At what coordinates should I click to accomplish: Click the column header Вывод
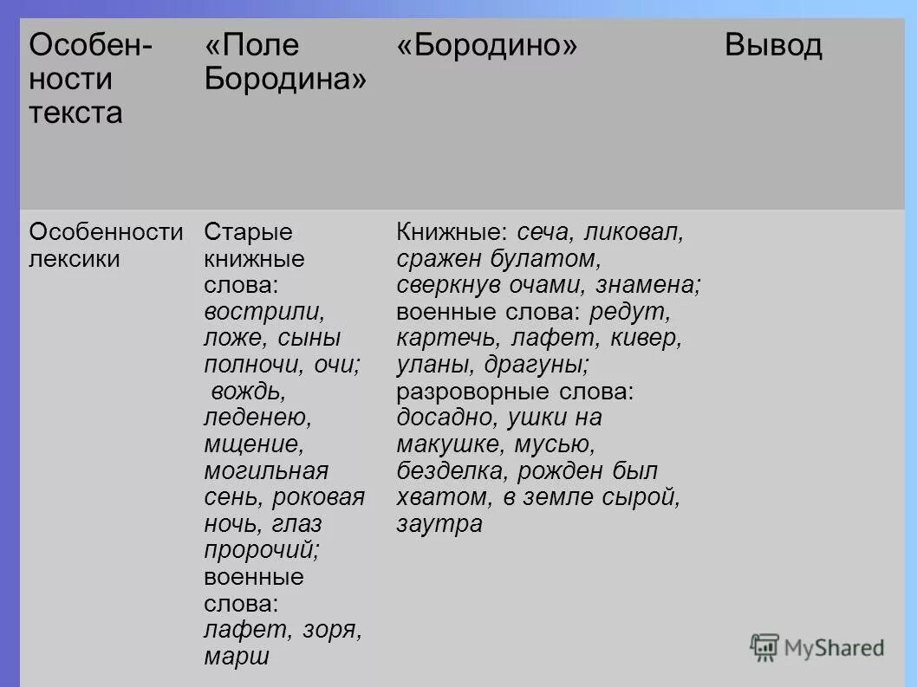(773, 45)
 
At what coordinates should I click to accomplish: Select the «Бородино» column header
(487, 45)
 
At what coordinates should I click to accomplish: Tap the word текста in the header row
(76, 113)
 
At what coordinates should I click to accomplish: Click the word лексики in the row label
(75, 259)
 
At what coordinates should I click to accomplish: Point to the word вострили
(264, 312)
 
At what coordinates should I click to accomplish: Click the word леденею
(257, 418)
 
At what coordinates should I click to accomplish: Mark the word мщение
(254, 444)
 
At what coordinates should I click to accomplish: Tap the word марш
(237, 657)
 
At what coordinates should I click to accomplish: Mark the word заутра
(439, 524)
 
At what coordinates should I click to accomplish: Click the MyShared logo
(817, 647)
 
